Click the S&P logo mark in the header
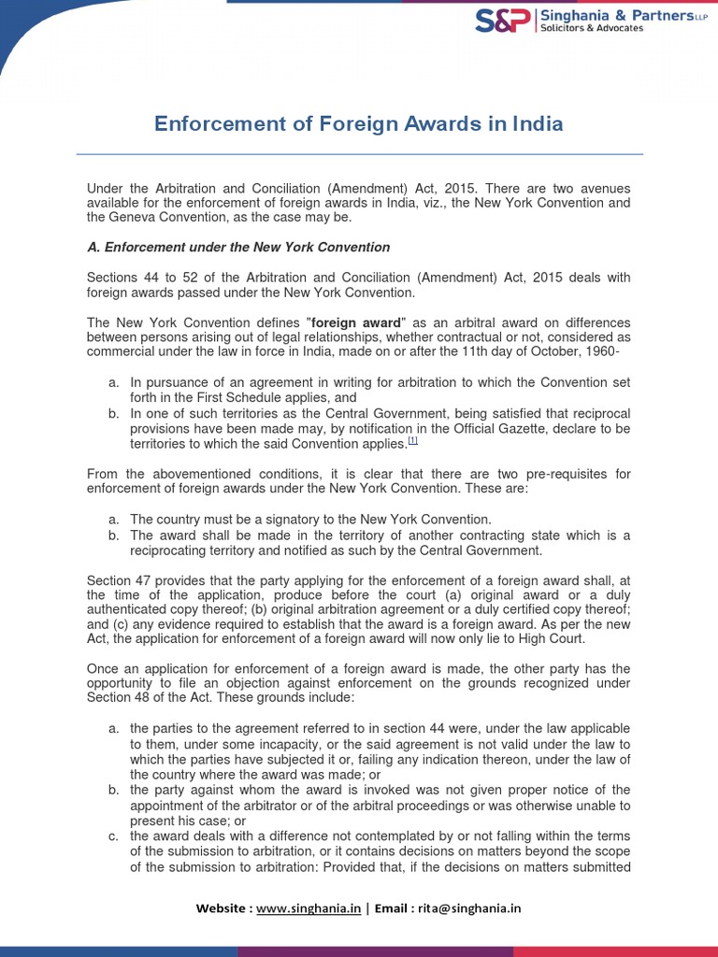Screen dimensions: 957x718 [x=503, y=21]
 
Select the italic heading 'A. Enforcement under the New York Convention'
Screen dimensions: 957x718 [x=238, y=247]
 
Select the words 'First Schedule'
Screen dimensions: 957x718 [x=246, y=397]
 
